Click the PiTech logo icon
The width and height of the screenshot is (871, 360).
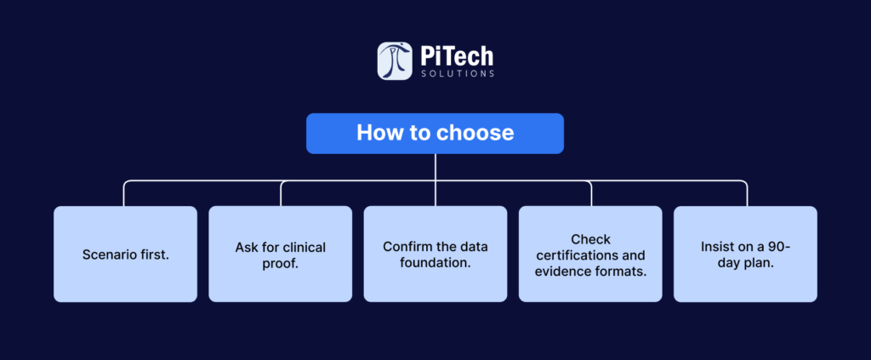[x=395, y=61]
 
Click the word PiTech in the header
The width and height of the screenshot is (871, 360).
[x=457, y=56]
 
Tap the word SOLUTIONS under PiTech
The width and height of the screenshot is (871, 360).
[x=457, y=74]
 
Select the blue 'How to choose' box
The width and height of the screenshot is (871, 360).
[x=435, y=134]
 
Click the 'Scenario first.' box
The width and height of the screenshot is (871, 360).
[x=126, y=254]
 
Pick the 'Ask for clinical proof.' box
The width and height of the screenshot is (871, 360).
[x=281, y=254]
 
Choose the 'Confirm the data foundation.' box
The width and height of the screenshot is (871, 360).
[x=435, y=254]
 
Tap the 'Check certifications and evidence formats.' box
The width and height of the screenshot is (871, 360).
[x=590, y=254]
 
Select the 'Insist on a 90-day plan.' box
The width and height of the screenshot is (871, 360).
[x=745, y=254]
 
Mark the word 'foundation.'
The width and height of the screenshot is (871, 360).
[x=435, y=263]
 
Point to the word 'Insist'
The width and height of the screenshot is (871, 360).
[x=715, y=247]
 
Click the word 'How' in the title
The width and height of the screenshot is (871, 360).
[x=375, y=134]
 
